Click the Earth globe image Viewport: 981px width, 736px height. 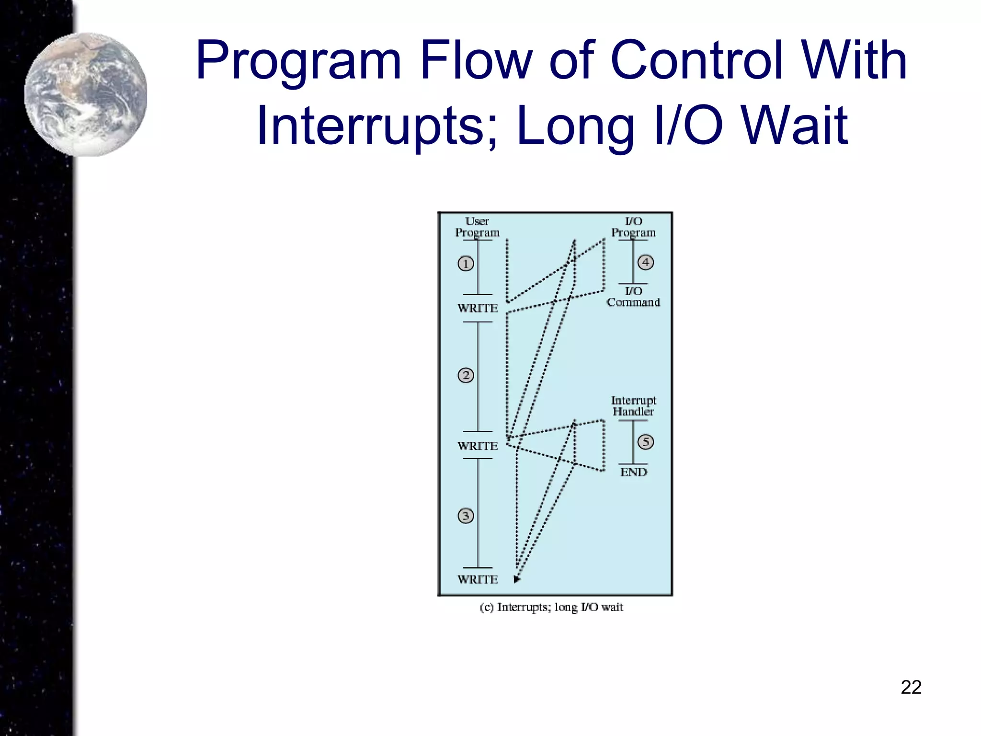[x=86, y=94]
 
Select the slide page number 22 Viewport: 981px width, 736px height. [x=911, y=687]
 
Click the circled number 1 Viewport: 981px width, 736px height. [x=466, y=264]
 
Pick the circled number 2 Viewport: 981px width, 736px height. [x=466, y=375]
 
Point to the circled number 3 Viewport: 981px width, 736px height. [x=466, y=516]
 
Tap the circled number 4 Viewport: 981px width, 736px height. [x=646, y=262]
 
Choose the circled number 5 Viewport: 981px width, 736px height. [x=646, y=442]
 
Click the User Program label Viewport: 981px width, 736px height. [x=477, y=227]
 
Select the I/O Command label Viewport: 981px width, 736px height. [x=633, y=297]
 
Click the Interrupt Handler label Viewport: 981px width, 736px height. [x=633, y=406]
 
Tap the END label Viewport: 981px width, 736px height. [x=633, y=472]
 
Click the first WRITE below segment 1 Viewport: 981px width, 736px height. [x=478, y=309]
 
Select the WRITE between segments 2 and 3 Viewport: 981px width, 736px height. [x=478, y=446]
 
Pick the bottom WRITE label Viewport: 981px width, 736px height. [x=478, y=580]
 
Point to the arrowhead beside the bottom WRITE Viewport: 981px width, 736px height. [x=517, y=579]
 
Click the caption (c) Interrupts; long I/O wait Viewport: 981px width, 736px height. [x=551, y=608]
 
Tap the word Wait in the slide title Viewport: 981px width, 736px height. [x=795, y=126]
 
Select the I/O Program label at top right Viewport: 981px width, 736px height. [x=633, y=227]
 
